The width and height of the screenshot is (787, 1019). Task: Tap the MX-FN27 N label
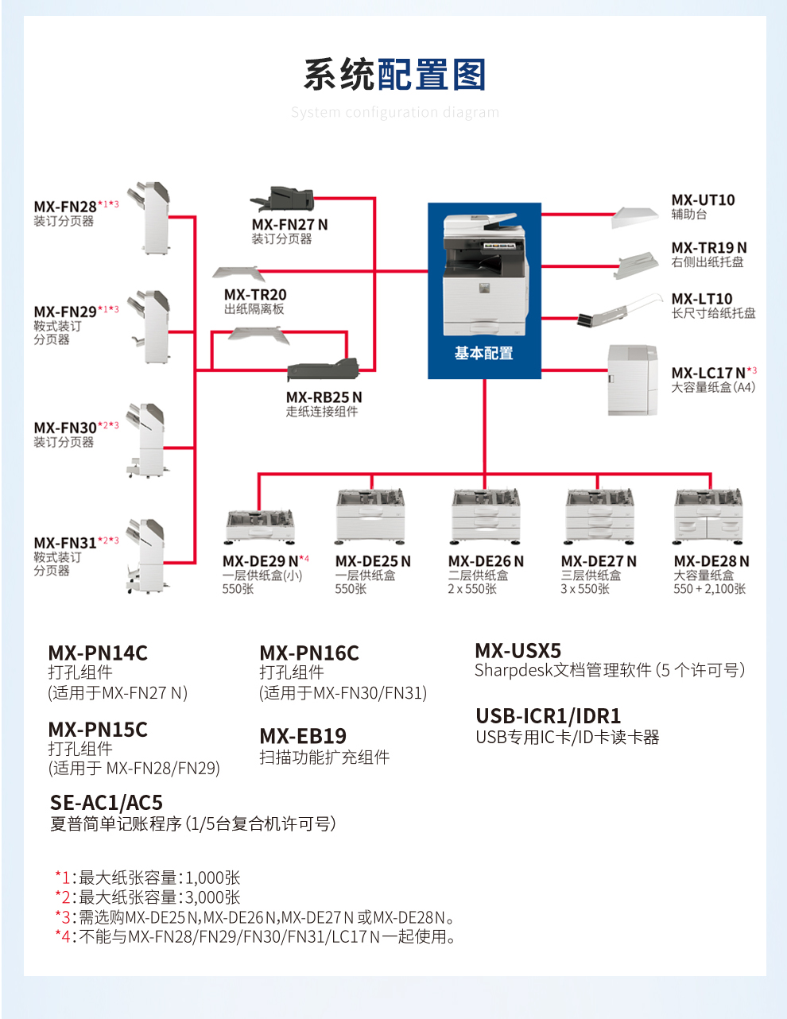pyautogui.click(x=289, y=225)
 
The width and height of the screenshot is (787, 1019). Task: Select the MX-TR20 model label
pyautogui.click(x=255, y=295)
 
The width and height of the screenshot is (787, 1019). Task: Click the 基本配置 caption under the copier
pyautogui.click(x=483, y=353)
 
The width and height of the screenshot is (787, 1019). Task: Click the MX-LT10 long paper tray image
pyautogui.click(x=620, y=311)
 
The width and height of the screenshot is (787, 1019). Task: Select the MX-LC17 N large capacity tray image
pyautogui.click(x=633, y=380)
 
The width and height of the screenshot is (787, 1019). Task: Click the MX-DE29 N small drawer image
pyautogui.click(x=260, y=526)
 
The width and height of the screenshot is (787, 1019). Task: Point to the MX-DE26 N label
pyautogui.click(x=486, y=561)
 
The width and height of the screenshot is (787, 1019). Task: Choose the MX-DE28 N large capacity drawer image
pyautogui.click(x=708, y=516)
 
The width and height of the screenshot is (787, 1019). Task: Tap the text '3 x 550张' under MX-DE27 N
pyautogui.click(x=585, y=589)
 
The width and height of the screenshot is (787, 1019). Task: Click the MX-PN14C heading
pyautogui.click(x=98, y=653)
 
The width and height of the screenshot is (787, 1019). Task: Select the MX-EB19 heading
pyautogui.click(x=303, y=736)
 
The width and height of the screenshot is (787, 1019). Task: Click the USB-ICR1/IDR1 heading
pyautogui.click(x=548, y=716)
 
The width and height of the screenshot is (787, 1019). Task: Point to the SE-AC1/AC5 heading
pyautogui.click(x=106, y=803)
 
